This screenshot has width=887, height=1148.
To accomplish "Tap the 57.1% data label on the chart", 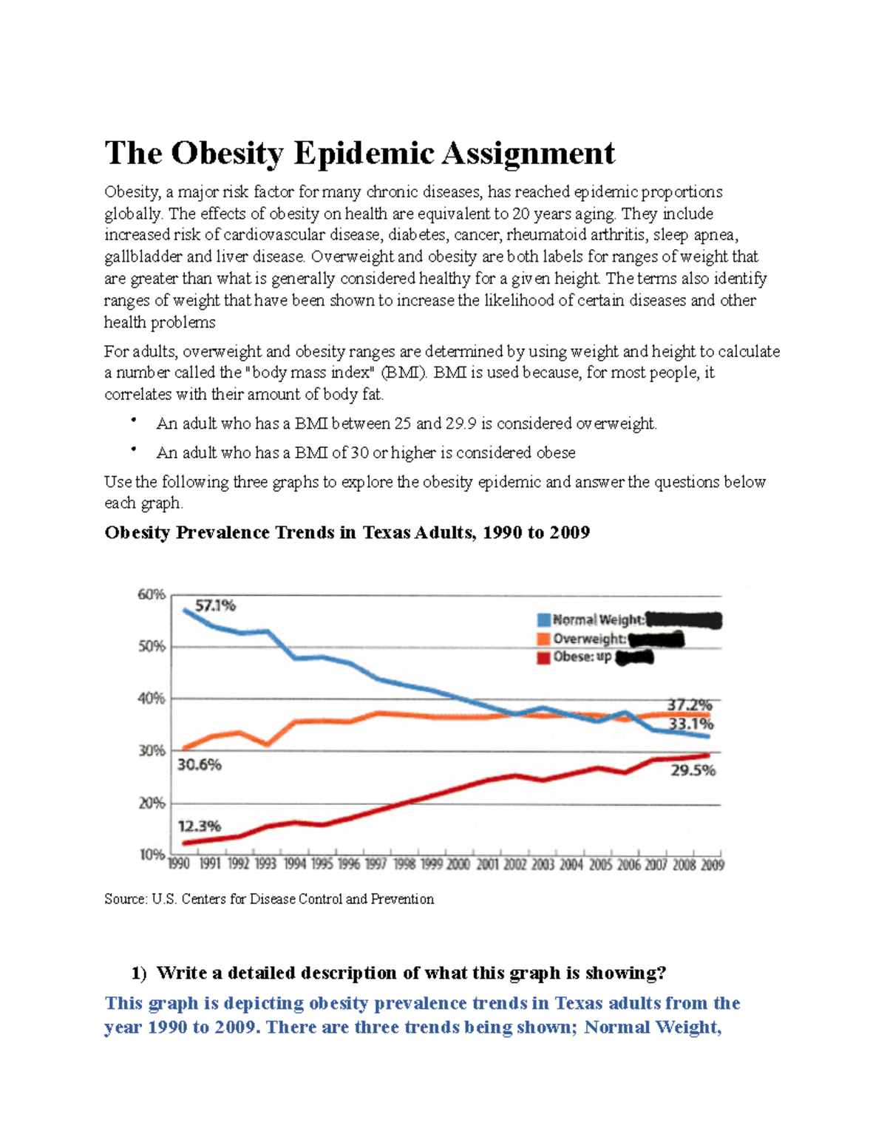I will [x=215, y=605].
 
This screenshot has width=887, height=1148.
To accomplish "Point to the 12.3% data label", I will [x=200, y=826].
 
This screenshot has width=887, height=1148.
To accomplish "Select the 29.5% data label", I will [x=693, y=770].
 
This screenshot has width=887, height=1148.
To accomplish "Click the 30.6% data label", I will [x=200, y=764].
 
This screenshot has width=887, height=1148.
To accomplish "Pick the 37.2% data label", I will [x=690, y=705].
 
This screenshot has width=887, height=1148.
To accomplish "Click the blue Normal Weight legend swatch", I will [x=544, y=620].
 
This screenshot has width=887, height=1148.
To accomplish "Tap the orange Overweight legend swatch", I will [x=544, y=639].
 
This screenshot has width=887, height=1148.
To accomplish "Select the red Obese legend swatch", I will [x=544, y=657].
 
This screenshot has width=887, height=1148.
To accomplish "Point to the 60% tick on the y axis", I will [x=152, y=594].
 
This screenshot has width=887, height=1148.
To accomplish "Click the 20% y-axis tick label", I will [x=152, y=803].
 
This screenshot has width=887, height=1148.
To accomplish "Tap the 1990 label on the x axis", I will [x=179, y=864].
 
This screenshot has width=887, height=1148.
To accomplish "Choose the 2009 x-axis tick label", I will [x=712, y=864].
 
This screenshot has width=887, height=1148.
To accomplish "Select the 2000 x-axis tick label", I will [x=458, y=864].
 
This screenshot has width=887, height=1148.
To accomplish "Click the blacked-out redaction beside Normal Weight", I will [x=683, y=620].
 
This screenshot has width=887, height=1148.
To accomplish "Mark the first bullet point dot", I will [x=134, y=421].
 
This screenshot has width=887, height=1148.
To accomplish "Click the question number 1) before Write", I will [x=139, y=973].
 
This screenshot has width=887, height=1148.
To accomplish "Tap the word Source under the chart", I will [x=125, y=899].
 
